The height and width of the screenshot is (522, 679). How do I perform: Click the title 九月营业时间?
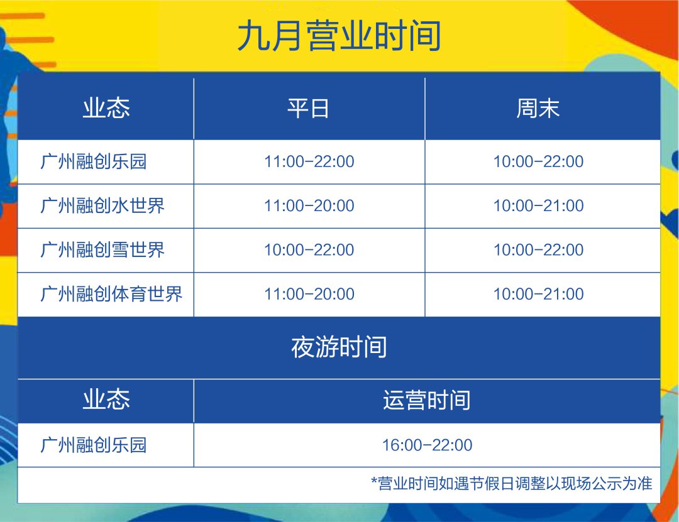339,36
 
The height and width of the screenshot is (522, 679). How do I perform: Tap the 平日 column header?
308,108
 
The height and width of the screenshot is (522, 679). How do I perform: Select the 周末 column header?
538,108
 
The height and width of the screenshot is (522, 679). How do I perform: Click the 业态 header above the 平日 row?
106,108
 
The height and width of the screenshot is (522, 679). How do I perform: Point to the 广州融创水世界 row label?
102,205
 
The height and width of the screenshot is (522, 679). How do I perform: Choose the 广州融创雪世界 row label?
102,250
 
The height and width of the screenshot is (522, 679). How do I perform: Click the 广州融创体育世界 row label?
111,294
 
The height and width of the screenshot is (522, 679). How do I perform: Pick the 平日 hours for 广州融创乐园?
309,161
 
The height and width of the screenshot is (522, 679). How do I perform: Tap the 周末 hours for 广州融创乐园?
539,161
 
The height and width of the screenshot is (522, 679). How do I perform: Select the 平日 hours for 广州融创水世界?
309,205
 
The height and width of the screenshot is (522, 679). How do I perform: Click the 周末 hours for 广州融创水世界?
539,205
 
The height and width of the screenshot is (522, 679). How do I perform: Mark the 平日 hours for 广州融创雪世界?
309,250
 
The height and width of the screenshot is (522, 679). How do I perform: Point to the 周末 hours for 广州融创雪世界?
539,250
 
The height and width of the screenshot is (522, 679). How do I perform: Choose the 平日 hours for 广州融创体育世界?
309,294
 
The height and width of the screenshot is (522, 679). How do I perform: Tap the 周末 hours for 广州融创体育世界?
539,294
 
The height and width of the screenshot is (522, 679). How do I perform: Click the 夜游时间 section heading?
339,347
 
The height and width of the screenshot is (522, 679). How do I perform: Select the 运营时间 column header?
426,400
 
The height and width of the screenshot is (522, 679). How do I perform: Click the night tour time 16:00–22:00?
427,445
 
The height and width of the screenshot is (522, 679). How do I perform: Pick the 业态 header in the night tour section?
106,400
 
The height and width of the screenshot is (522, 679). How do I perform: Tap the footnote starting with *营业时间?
511,483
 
